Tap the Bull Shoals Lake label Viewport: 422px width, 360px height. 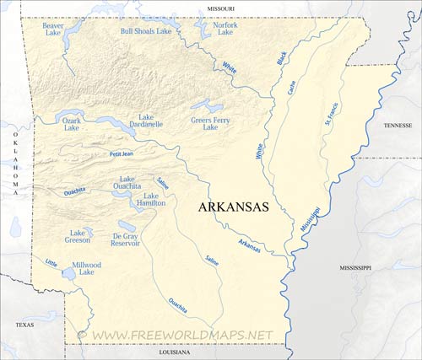click(146, 31)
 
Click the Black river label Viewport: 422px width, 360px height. click(282, 57)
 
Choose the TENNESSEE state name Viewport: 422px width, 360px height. click(398, 125)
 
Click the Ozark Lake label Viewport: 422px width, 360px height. click(72, 125)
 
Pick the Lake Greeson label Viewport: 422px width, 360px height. click(79, 236)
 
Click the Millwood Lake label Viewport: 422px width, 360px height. click(86, 268)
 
